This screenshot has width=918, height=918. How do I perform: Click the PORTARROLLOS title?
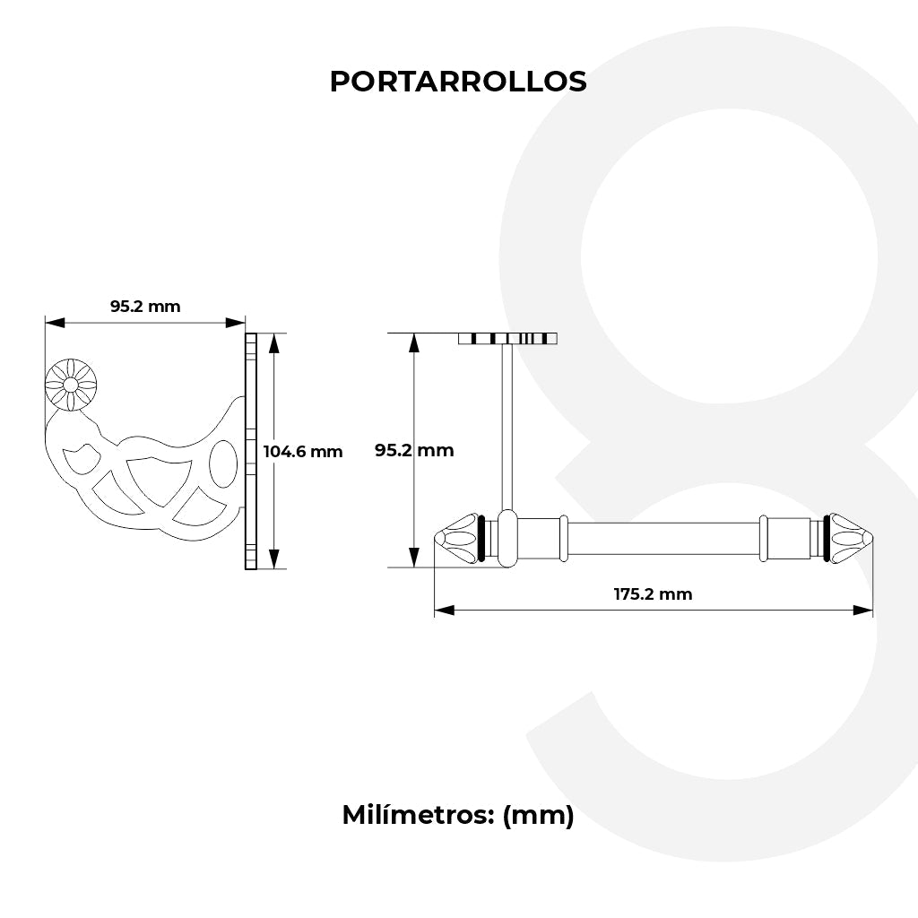[x=458, y=82]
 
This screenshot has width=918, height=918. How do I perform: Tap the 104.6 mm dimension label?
[x=303, y=451]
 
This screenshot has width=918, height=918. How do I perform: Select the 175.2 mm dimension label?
[x=653, y=593]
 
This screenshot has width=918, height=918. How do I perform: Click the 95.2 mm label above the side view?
[x=145, y=307]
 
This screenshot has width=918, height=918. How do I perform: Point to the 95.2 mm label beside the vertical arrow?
[x=414, y=450]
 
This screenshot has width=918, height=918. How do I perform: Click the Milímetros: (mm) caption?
[x=458, y=815]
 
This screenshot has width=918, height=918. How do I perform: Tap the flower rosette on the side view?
[x=71, y=385]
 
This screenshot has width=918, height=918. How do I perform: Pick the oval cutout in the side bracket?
[x=223, y=464]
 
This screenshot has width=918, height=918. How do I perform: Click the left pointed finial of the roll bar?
[x=456, y=538]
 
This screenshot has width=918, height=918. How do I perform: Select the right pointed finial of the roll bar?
[x=851, y=538]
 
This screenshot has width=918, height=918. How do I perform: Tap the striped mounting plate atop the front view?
[x=507, y=338]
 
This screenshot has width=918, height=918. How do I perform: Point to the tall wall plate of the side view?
[x=251, y=451]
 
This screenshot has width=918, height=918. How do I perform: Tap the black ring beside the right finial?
[x=826, y=538]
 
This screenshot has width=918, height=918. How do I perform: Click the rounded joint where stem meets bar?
[x=507, y=538]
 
